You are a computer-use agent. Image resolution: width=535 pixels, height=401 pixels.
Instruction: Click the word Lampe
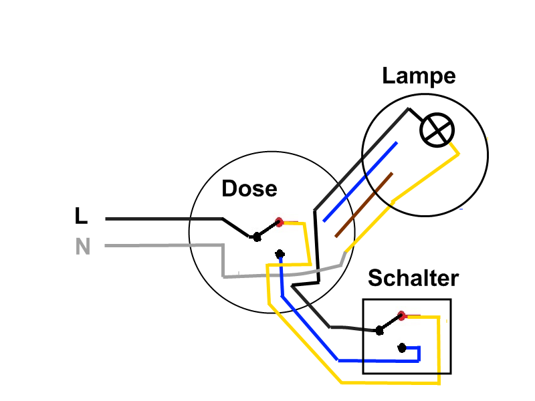click(419, 76)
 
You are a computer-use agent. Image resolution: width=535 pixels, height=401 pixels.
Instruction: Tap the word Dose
click(249, 188)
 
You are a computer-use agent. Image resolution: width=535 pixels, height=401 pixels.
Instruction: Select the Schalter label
click(413, 278)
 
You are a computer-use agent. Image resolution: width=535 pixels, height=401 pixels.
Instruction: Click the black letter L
click(81, 215)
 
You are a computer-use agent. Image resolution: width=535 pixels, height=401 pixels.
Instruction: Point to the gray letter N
click(82, 246)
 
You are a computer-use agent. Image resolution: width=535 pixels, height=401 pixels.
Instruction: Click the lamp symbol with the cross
click(437, 130)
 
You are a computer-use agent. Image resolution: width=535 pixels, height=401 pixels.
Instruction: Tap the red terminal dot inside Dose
click(279, 222)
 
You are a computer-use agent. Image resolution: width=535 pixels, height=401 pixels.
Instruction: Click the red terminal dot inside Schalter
click(402, 315)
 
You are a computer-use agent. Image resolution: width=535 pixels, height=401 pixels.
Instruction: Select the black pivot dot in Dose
click(257, 237)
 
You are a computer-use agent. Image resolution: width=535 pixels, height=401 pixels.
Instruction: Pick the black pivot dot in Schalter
click(379, 330)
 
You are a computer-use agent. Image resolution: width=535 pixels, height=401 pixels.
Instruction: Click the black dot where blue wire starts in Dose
click(280, 254)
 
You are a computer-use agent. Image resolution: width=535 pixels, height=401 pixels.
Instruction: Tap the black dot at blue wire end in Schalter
click(402, 348)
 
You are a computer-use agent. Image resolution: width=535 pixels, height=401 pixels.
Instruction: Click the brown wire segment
click(364, 205)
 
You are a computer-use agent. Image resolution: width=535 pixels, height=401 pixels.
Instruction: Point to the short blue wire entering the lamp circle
click(360, 182)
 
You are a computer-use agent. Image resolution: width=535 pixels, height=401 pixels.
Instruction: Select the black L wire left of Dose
click(164, 219)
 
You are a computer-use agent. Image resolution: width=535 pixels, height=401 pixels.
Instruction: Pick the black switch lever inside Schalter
click(391, 323)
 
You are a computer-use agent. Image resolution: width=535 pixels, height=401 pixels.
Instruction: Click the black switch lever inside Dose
click(268, 229)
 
